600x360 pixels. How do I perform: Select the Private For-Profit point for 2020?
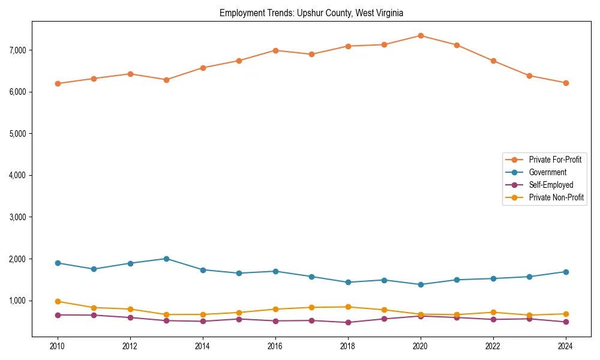point(421,35)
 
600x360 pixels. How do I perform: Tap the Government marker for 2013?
point(166,259)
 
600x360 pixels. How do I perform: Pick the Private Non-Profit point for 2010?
point(58,301)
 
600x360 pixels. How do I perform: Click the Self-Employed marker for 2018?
point(348,322)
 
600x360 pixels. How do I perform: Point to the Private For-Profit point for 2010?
point(58,83)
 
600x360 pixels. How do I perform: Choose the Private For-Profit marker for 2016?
point(275,50)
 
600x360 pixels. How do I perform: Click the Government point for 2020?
point(421,284)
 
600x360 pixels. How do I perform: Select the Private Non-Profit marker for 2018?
point(348,307)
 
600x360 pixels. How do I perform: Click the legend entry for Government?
point(547,172)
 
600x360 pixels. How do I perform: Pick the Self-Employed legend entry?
point(551,185)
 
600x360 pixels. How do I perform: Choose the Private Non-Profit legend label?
point(556,197)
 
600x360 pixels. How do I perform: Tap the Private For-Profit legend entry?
point(555,160)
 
